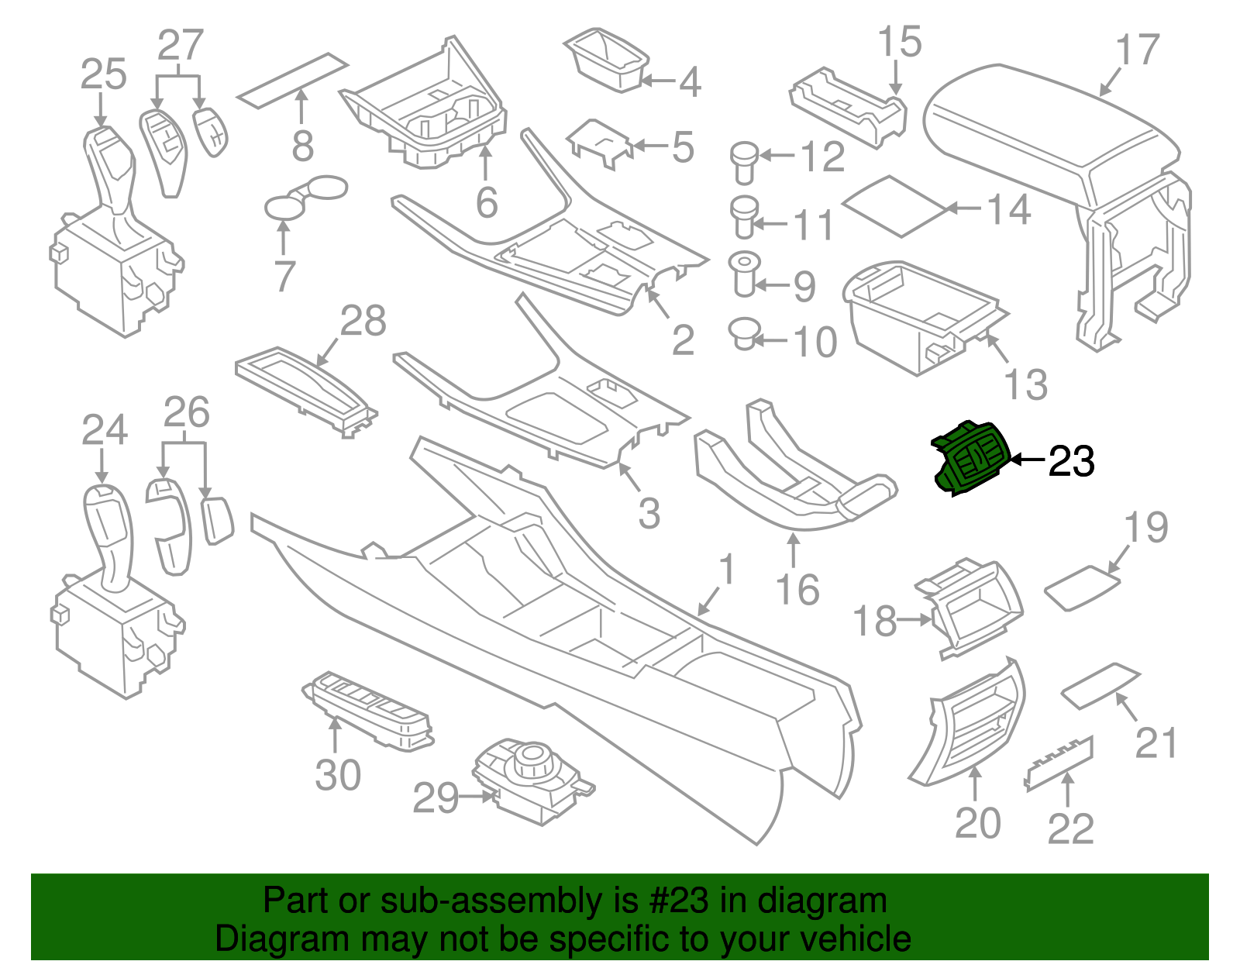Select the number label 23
coord(1071,462)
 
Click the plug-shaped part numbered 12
coord(744,161)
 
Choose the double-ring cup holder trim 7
coord(304,197)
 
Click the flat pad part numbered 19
coord(1082,587)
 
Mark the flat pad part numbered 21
coord(1100,685)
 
